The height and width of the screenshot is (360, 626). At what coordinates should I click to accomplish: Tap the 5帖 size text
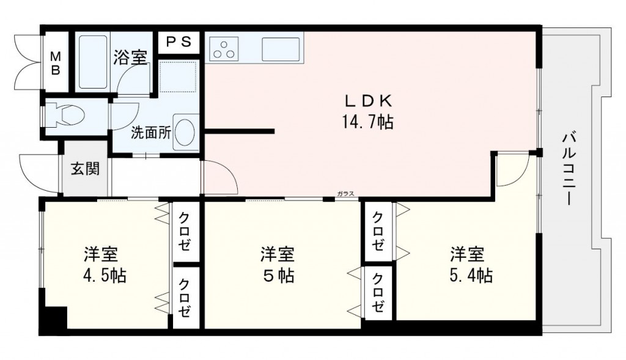[x=279, y=275]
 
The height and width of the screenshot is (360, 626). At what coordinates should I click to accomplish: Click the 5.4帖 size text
[x=468, y=275]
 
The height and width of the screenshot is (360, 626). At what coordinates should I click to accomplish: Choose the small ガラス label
[x=345, y=194]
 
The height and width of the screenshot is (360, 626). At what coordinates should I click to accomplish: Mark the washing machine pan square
[x=177, y=76]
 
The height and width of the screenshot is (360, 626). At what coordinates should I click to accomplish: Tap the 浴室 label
[x=130, y=57]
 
